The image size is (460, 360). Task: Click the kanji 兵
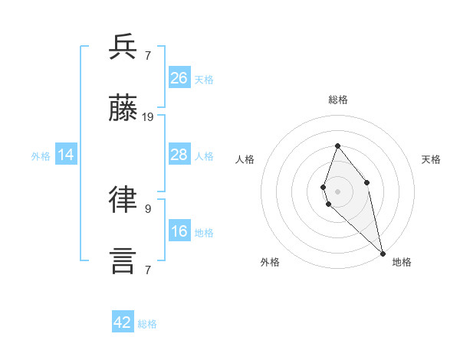tap(123, 48)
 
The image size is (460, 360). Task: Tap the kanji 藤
tap(123, 109)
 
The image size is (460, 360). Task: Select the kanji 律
tap(123, 200)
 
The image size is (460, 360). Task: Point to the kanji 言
tap(123, 260)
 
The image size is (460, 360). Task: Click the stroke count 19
tap(149, 117)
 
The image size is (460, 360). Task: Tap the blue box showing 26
tap(179, 77)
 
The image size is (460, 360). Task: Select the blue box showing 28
tap(179, 155)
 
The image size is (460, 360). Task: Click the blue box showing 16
tap(179, 231)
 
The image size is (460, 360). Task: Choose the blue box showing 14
tap(66, 155)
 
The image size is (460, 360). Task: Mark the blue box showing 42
tap(123, 322)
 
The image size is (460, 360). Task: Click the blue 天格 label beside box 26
tap(204, 79)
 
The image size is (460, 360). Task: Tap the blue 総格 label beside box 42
tap(147, 324)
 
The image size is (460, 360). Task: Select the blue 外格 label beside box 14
tap(41, 156)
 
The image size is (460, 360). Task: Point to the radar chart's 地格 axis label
tap(402, 262)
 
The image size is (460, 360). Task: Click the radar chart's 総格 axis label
tap(338, 100)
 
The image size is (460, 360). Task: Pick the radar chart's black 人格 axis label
tap(245, 159)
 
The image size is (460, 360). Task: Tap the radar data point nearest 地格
tap(382, 253)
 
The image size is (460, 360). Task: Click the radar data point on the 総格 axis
tap(337, 146)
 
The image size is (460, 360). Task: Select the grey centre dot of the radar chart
tap(337, 191)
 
